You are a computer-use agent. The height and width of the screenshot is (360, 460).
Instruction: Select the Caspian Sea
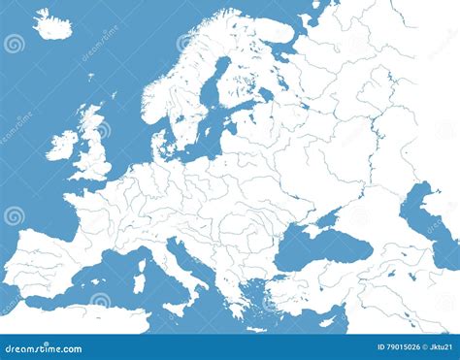tap(427, 218)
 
